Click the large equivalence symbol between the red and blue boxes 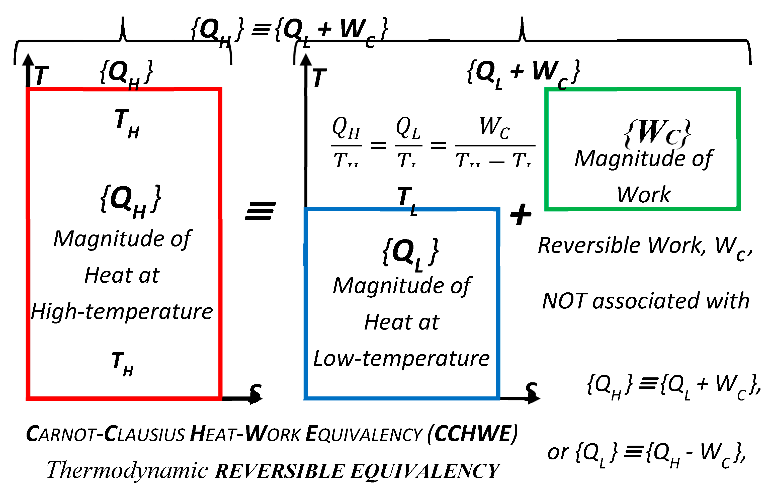[260, 211]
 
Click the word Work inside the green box [644, 195]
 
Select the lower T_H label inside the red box [123, 364]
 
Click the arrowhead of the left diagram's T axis [29, 60]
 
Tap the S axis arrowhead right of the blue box [533, 398]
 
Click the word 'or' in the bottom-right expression [557, 452]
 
